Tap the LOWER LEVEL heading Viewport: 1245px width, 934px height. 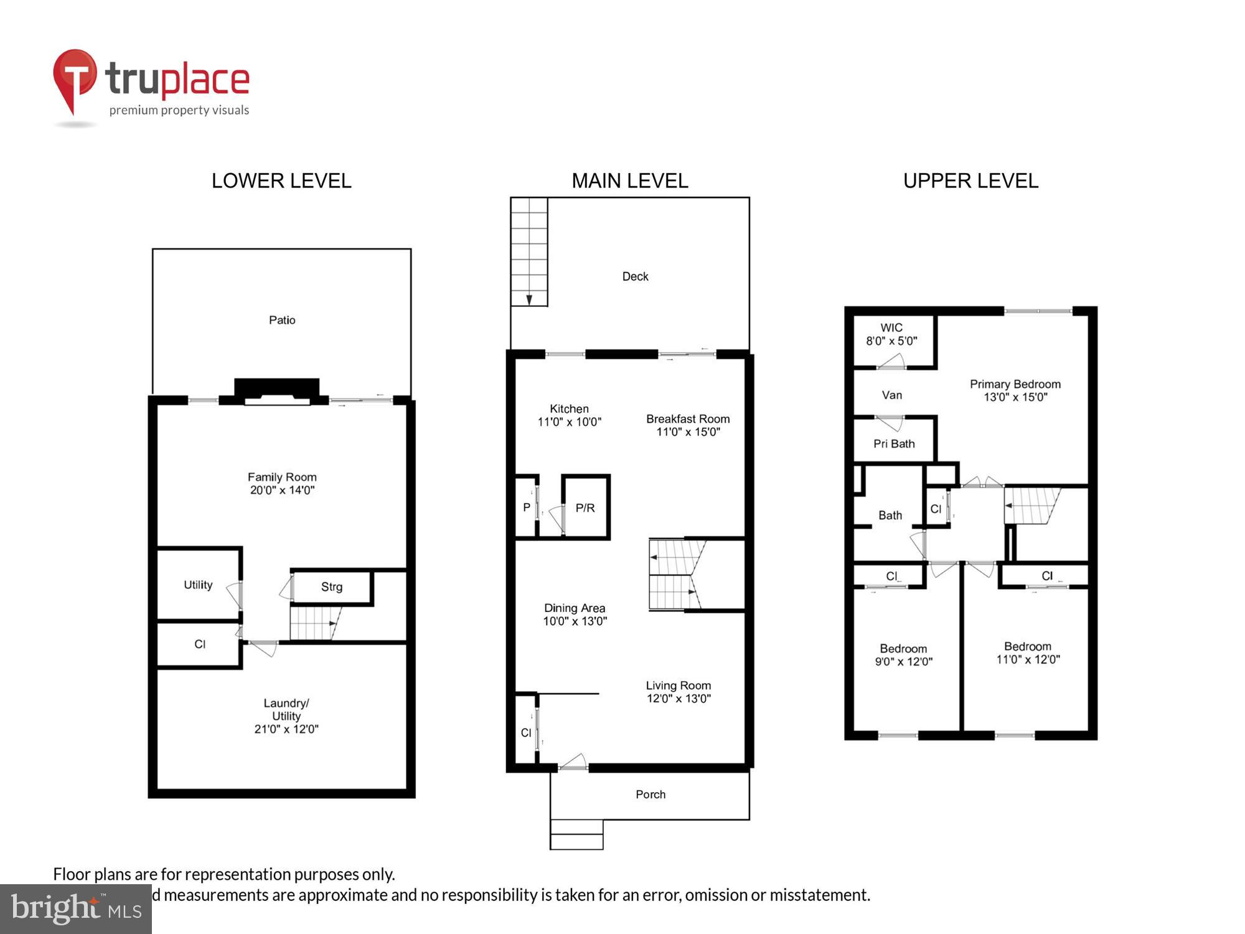281,181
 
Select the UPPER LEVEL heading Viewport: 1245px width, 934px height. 970,181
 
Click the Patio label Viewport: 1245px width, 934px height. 282,320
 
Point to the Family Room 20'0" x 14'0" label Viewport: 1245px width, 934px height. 282,483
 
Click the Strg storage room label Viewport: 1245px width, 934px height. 332,587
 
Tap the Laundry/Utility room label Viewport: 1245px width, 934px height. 286,715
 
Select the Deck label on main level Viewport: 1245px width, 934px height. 635,276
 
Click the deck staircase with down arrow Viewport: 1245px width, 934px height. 529,252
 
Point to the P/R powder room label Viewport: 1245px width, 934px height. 585,508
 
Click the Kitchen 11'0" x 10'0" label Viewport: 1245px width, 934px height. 569,415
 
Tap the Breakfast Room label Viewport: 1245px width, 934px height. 688,425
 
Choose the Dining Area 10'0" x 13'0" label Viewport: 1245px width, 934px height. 575,614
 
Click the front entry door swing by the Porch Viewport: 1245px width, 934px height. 573,762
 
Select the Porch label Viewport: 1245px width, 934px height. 651,795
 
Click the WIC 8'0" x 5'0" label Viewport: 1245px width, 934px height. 891,334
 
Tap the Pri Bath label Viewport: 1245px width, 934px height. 894,444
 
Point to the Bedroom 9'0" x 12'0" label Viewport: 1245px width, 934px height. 903,655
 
